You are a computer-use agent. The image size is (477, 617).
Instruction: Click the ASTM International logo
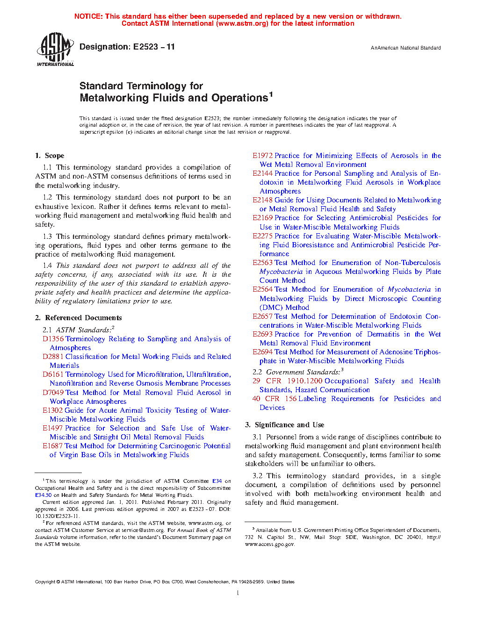pyautogui.click(x=55, y=50)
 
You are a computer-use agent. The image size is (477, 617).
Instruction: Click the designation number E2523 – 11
pyautogui.click(x=154, y=47)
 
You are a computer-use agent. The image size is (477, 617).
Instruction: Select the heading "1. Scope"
pyautogui.click(x=50, y=156)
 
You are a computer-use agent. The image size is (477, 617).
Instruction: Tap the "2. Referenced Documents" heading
pyautogui.click(x=78, y=318)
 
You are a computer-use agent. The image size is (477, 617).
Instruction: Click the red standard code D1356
pyautogui.click(x=53, y=339)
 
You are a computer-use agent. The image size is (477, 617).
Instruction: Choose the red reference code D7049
pyautogui.click(x=53, y=393)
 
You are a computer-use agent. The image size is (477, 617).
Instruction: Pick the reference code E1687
pyautogui.click(x=52, y=446)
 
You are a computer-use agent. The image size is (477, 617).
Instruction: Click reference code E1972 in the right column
pyautogui.click(x=262, y=156)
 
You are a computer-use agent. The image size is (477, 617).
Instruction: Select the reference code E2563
pyautogui.click(x=262, y=263)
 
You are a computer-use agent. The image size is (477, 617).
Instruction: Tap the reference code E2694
pyautogui.click(x=262, y=352)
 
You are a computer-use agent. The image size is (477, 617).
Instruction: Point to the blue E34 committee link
pyautogui.click(x=217, y=481)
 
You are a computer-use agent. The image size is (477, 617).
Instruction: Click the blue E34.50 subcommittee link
pyautogui.click(x=43, y=495)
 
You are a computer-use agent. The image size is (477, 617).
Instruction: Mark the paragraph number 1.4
pyautogui.click(x=47, y=265)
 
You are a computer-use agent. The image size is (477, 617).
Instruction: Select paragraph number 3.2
pyautogui.click(x=257, y=476)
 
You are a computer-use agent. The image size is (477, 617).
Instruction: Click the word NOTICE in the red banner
pyautogui.click(x=88, y=16)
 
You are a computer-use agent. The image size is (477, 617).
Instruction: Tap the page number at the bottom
pyautogui.click(x=238, y=593)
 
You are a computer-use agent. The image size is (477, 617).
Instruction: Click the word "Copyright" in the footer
pyautogui.click(x=45, y=582)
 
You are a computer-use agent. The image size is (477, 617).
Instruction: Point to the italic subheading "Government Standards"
pyautogui.click(x=303, y=372)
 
